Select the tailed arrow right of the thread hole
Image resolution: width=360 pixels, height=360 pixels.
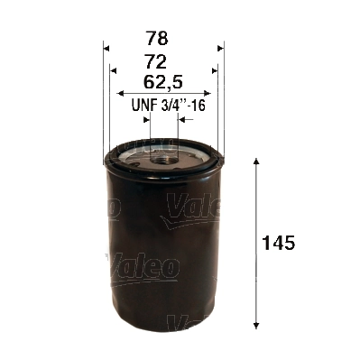coord(186,119)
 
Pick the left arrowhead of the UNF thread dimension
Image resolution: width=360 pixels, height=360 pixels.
coord(145,119)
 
